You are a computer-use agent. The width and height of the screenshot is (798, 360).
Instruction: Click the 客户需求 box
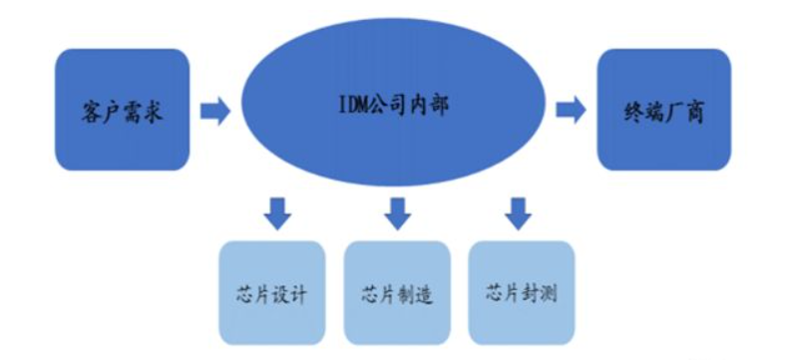click(x=122, y=110)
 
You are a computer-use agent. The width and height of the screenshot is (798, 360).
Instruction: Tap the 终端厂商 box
click(x=663, y=110)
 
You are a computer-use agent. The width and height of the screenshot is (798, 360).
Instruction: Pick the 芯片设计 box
click(x=272, y=291)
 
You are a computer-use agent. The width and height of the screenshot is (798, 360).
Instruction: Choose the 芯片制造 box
click(x=396, y=291)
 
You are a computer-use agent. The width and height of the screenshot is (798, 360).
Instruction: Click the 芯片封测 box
click(x=521, y=291)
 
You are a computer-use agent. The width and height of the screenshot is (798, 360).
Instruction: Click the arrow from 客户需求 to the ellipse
click(x=214, y=110)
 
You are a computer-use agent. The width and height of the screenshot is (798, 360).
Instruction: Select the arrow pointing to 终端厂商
click(x=571, y=110)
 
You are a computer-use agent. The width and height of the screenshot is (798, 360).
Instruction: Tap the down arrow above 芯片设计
click(x=277, y=212)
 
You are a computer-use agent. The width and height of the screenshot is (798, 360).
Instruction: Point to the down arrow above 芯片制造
click(x=398, y=212)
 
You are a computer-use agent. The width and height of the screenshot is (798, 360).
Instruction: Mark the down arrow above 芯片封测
click(x=517, y=212)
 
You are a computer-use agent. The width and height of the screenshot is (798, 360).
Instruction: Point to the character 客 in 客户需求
click(x=91, y=111)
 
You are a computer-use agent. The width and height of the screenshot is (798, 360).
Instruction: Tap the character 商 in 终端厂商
click(x=695, y=111)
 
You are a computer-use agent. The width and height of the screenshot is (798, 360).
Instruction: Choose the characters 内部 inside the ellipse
click(x=428, y=105)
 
